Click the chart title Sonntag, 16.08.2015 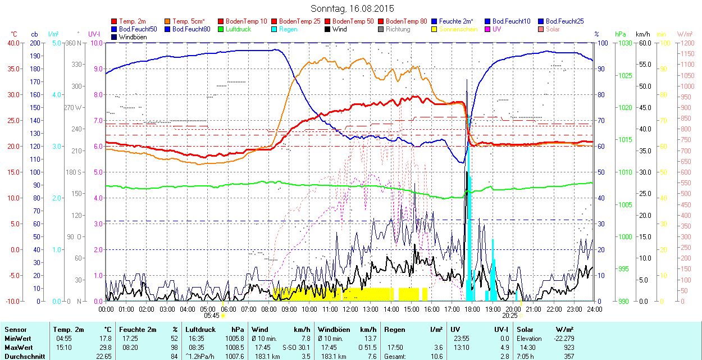[352, 9]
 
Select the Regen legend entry [288, 29]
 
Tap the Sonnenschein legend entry [458, 29]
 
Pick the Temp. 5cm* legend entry [189, 21]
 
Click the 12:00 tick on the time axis [350, 309]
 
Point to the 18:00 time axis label [472, 309]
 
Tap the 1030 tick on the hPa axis [624, 43]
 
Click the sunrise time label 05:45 [211, 316]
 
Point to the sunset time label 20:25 [510, 316]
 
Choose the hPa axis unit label [620, 34]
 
